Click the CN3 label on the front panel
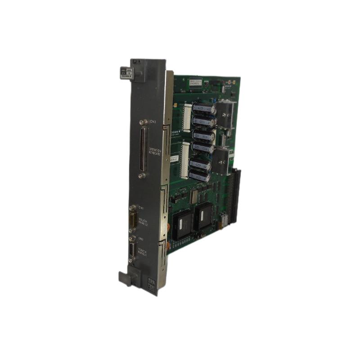(153, 122)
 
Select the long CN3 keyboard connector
(143, 149)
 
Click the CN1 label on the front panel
(140, 207)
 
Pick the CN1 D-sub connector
(133, 220)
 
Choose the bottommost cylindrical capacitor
(199, 176)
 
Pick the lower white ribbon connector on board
(184, 160)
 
